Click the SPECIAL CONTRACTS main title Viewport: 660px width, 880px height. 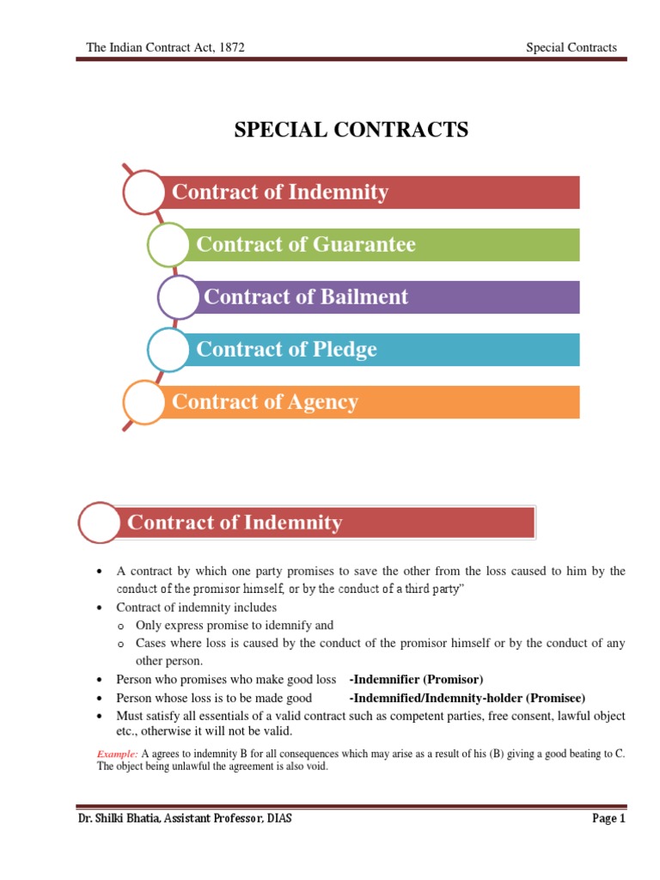click(x=352, y=130)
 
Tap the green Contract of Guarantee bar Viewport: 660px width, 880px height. click(x=383, y=245)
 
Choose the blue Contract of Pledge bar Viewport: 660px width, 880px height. click(x=383, y=350)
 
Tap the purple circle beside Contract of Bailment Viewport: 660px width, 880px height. click(x=180, y=297)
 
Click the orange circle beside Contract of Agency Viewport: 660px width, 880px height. click(x=144, y=402)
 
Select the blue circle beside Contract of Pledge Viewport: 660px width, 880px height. click(x=169, y=350)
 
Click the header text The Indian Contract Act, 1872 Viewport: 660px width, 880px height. click(x=166, y=47)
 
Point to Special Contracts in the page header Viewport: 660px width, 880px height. click(x=571, y=47)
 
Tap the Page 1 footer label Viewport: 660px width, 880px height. click(x=609, y=819)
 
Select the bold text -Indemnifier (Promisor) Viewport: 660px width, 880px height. click(x=417, y=679)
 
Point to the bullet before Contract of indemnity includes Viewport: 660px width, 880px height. click(x=101, y=608)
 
